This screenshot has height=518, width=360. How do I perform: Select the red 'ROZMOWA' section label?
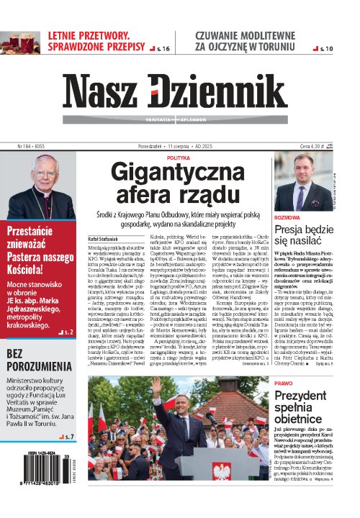(x=287, y=216)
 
